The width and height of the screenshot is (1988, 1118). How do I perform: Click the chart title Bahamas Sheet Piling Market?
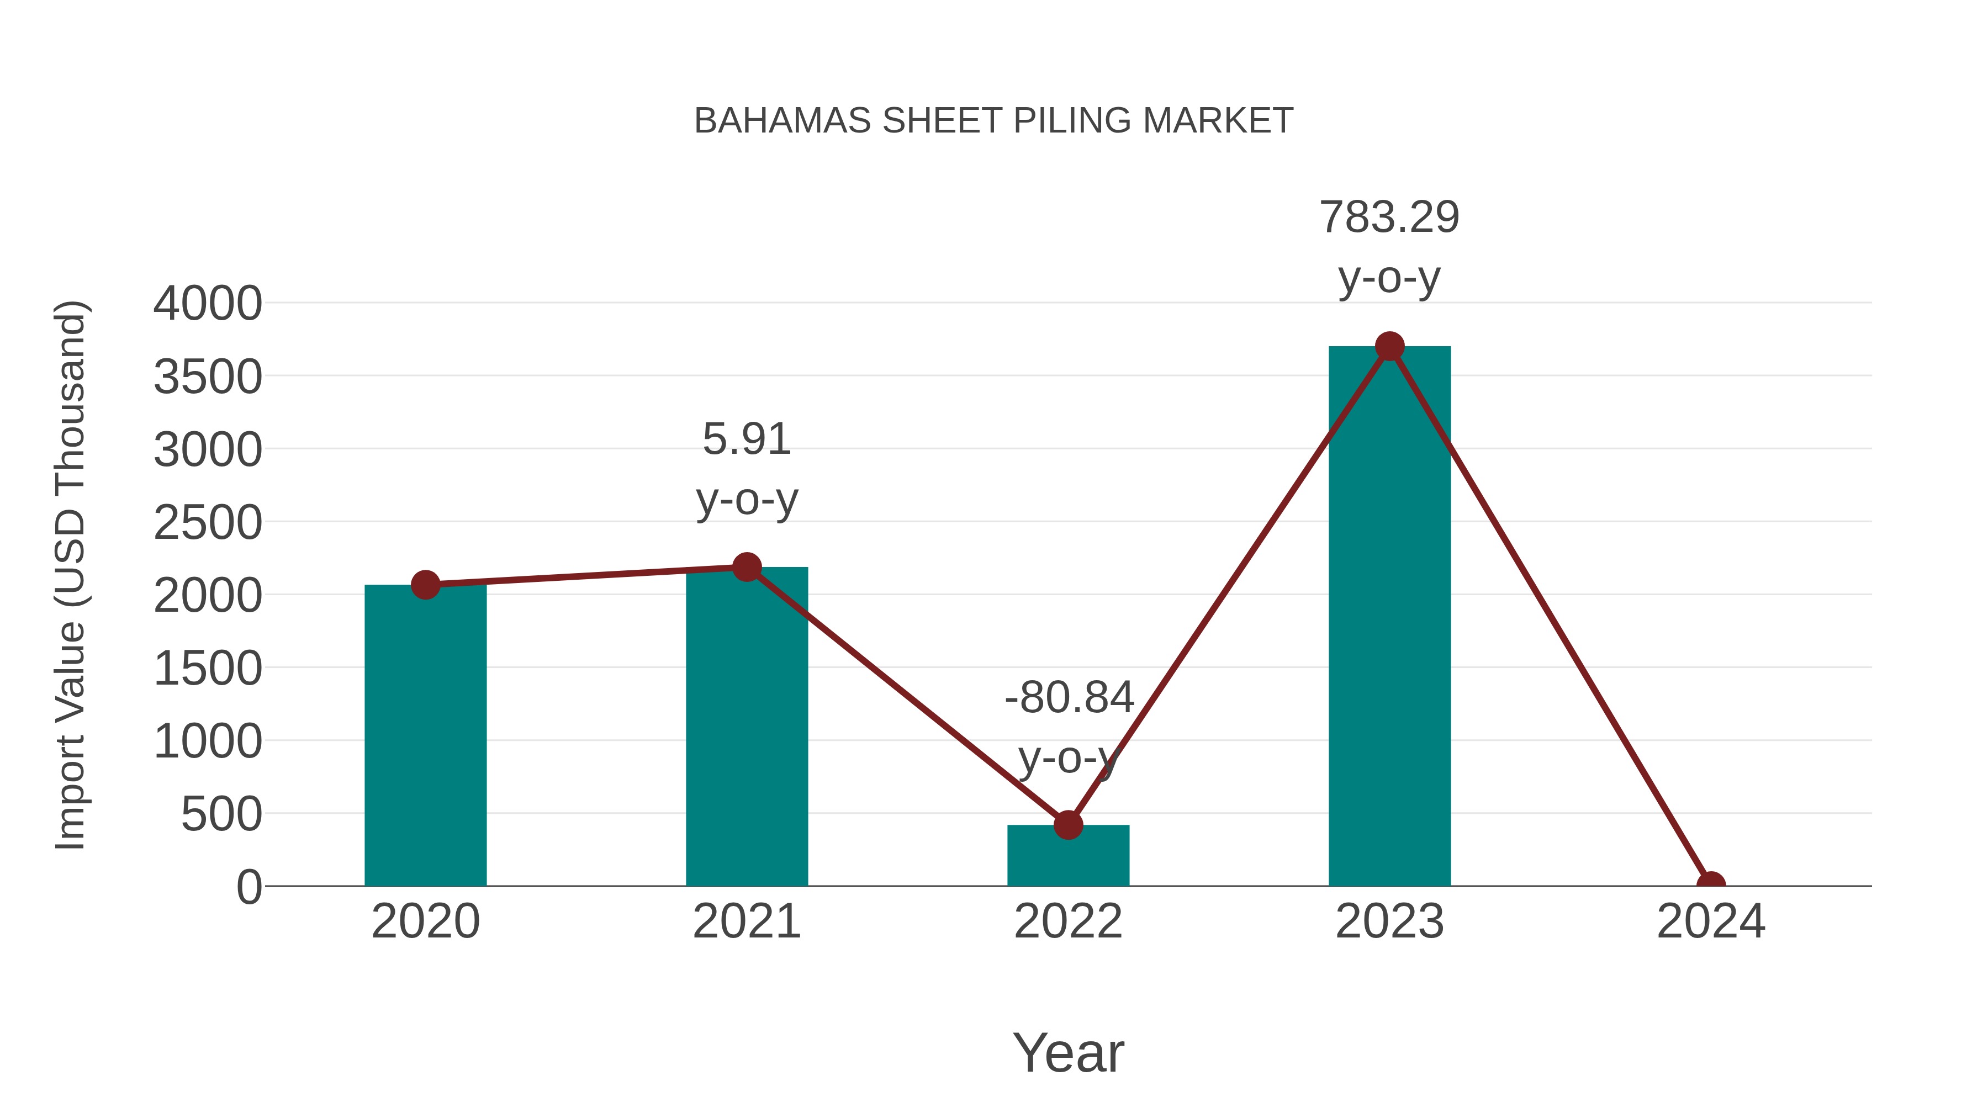click(993, 121)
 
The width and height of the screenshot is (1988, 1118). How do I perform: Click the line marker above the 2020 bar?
click(425, 585)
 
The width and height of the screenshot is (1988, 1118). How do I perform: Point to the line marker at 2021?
click(746, 567)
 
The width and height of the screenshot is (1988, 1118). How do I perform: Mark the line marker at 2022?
click(1068, 825)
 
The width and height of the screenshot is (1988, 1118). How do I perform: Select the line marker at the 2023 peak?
click(1389, 346)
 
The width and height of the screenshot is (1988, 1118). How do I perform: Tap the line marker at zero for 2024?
click(1710, 883)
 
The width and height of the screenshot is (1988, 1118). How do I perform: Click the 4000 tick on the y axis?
click(208, 303)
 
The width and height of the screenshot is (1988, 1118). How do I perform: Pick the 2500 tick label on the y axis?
click(208, 522)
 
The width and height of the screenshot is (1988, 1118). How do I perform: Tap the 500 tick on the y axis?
click(221, 814)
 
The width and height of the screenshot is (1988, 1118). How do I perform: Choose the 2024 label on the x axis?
click(1710, 921)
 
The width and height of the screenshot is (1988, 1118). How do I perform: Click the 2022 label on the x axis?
click(1068, 921)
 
